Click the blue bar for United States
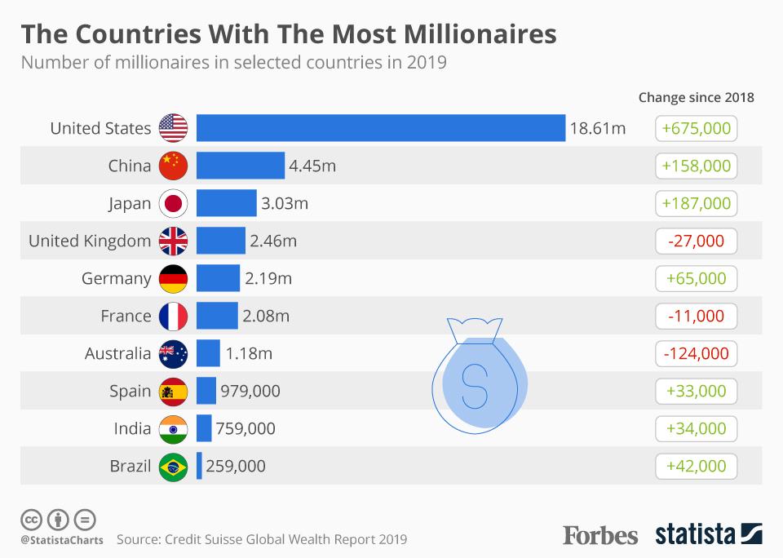tap(381, 128)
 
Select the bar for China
tap(241, 166)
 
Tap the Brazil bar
tap(199, 467)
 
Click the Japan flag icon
tap(173, 203)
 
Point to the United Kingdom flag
tap(173, 241)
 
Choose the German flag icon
tap(173, 278)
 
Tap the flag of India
tap(173, 428)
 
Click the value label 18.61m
tap(598, 128)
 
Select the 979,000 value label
tap(250, 391)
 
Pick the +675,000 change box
tap(696, 128)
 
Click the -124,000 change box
tap(696, 353)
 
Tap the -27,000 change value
tap(696, 241)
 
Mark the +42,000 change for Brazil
tap(696, 466)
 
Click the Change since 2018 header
tap(696, 97)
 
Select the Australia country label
tap(117, 353)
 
